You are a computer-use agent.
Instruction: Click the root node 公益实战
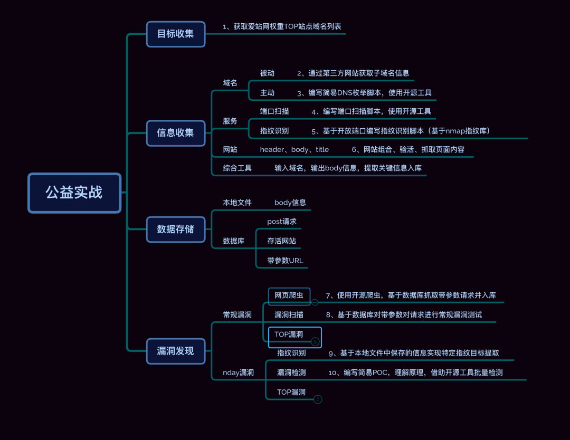click(74, 193)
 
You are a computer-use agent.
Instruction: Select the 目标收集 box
click(176, 34)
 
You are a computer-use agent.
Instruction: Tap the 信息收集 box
click(176, 133)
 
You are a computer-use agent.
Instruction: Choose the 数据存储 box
click(176, 229)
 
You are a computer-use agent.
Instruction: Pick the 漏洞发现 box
click(176, 351)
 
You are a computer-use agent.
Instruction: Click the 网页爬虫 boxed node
click(289, 295)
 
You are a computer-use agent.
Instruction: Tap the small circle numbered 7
click(318, 399)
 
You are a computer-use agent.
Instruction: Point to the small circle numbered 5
click(316, 342)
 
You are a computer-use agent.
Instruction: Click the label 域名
click(230, 83)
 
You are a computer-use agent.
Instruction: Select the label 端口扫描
click(274, 111)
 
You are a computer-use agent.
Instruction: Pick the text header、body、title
click(294, 149)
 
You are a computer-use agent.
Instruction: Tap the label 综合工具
click(237, 168)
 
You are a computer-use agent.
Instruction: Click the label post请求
click(282, 222)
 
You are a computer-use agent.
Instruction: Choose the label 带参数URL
click(285, 261)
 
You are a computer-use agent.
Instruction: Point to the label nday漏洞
click(238, 372)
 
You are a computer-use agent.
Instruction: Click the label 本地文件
click(237, 202)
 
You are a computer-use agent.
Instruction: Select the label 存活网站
click(282, 241)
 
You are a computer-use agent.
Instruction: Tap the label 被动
click(267, 73)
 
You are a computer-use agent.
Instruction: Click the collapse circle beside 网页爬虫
click(315, 302)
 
